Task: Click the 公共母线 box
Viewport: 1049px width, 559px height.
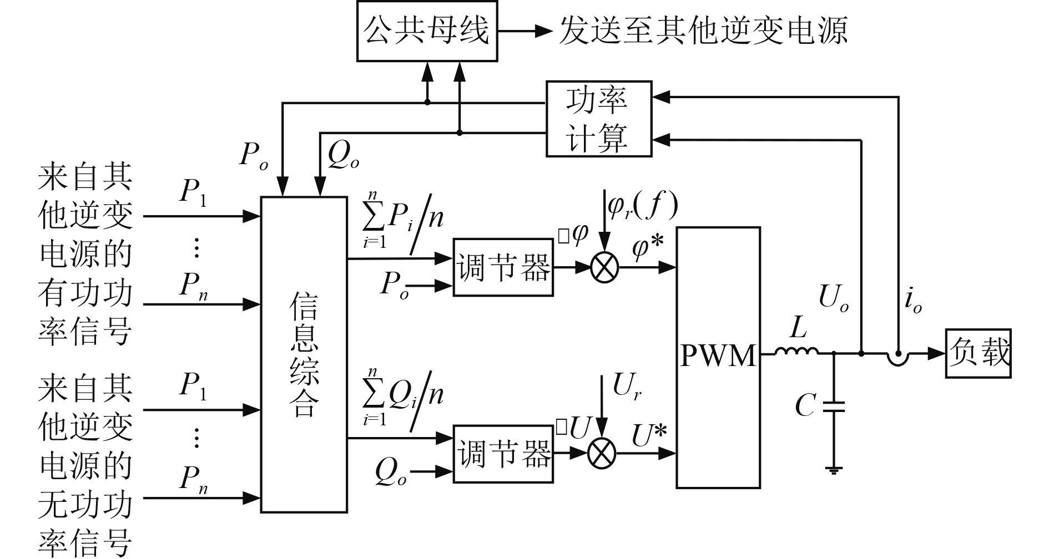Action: [426, 31]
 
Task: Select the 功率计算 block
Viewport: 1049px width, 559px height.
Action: [598, 119]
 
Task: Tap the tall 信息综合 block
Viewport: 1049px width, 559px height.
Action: [304, 354]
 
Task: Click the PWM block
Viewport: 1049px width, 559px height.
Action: [718, 357]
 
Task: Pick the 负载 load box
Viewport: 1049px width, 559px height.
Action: [977, 353]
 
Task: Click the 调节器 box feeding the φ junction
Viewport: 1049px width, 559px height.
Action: [503, 267]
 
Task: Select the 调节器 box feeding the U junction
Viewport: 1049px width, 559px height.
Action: [503, 454]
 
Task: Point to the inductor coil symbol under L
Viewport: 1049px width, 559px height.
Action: [797, 352]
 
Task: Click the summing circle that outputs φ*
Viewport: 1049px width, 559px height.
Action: [604, 268]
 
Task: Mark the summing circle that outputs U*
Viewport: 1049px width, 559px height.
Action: [602, 453]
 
